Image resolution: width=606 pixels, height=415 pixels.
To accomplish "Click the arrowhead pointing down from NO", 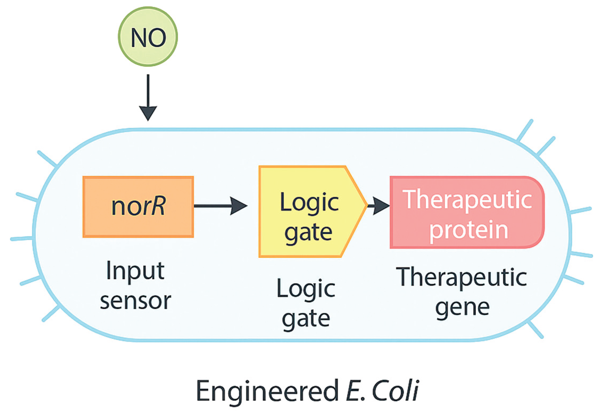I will click(x=148, y=113).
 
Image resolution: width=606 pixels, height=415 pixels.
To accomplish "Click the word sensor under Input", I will click(x=135, y=301).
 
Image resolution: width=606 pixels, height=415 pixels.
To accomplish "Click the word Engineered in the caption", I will click(x=267, y=391).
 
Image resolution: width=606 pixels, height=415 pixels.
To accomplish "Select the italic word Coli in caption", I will click(x=395, y=391).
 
